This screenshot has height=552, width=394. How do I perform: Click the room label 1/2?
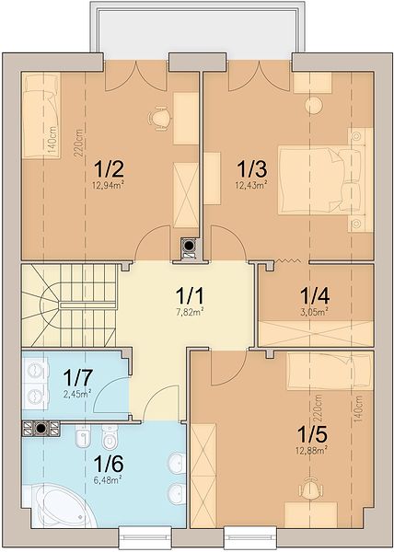coord(110,169)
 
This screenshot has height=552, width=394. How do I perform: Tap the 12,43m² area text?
coord(251,184)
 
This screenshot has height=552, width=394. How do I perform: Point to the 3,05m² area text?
coord(315,311)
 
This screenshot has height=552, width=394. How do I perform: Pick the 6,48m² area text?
coord(108,479)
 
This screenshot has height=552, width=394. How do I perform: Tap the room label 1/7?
coord(78,377)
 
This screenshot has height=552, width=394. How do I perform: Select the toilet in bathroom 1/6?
coord(110,436)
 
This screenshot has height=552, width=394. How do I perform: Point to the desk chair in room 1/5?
coord(310,489)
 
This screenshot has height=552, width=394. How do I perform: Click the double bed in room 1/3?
coord(319,180)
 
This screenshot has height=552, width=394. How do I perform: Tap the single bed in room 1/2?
coord(41,116)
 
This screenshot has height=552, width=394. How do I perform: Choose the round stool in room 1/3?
coord(313,105)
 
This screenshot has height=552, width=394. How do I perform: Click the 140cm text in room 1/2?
coord(52,140)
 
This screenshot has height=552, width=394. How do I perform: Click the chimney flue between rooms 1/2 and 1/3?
coord(190,245)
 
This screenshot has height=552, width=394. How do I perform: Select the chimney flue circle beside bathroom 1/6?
coord(41,429)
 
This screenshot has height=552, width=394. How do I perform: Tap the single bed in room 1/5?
coord(330,371)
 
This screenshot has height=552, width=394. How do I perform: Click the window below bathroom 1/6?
coord(145,537)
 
